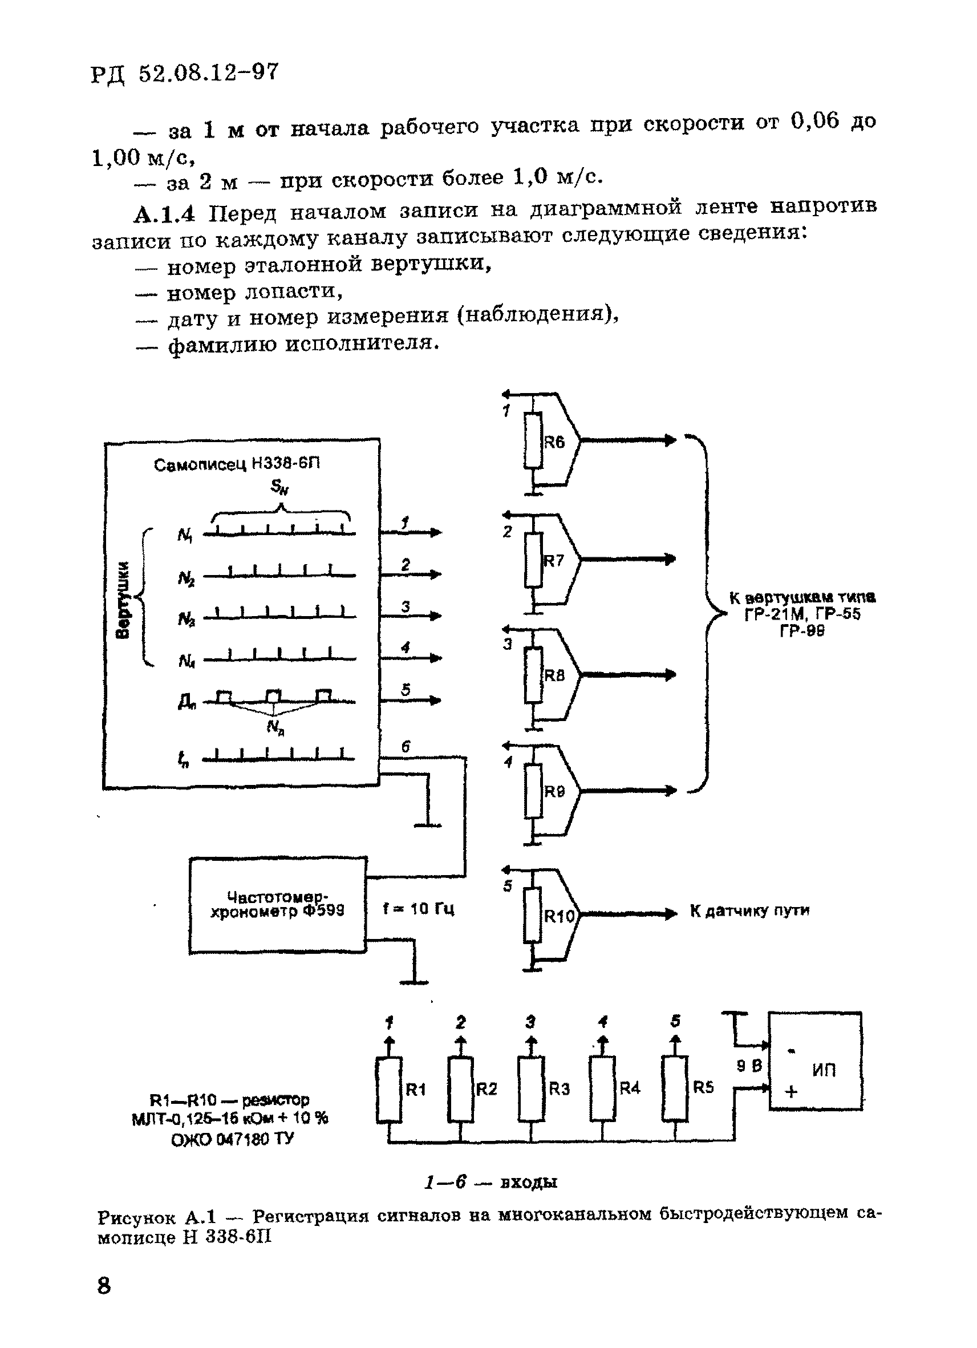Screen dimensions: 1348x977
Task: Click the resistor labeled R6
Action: pyautogui.click(x=533, y=441)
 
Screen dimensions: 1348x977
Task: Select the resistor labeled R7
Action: pyautogui.click(x=533, y=560)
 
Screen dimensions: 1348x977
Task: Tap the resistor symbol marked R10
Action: pyautogui.click(x=533, y=916)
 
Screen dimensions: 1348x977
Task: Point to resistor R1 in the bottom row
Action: pyautogui.click(x=389, y=1089)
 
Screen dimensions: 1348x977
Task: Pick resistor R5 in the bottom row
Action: pyautogui.click(x=675, y=1089)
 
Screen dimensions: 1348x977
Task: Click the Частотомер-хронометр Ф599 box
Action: pyautogui.click(x=278, y=905)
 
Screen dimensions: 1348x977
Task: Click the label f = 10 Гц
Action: pyautogui.click(x=419, y=909)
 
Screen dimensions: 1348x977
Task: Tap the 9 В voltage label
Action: pyautogui.click(x=749, y=1066)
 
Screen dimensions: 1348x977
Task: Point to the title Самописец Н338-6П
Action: pyautogui.click(x=237, y=464)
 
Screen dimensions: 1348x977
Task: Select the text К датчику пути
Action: pyautogui.click(x=749, y=910)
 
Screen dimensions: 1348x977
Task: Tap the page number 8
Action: pyautogui.click(x=103, y=1286)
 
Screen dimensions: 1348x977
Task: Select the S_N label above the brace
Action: pyautogui.click(x=279, y=487)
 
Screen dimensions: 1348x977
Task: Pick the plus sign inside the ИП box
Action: pyautogui.click(x=791, y=1092)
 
